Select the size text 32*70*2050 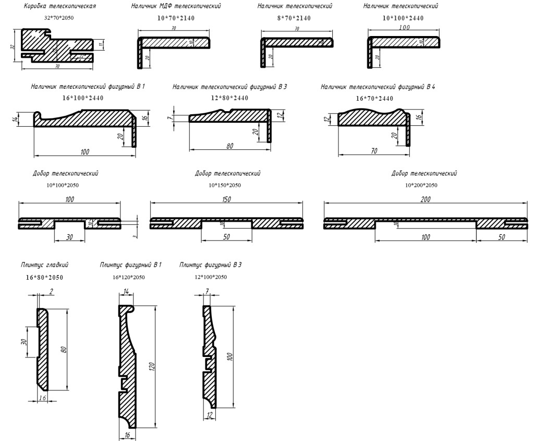tap(60, 18)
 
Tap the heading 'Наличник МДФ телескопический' tap(176, 6)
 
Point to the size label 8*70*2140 tap(294, 18)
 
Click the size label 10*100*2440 tap(403, 18)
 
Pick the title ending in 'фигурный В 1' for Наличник tap(88, 86)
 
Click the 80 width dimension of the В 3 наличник tap(229, 146)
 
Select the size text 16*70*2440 tap(374, 98)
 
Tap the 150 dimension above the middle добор tap(226, 199)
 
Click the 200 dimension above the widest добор tap(425, 199)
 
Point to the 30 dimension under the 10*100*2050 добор tap(69, 237)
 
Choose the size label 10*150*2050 tap(225, 185)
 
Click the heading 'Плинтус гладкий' tap(45, 265)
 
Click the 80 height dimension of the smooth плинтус tap(64, 349)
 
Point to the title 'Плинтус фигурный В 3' tap(210, 265)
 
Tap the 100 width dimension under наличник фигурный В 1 tap(84, 152)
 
